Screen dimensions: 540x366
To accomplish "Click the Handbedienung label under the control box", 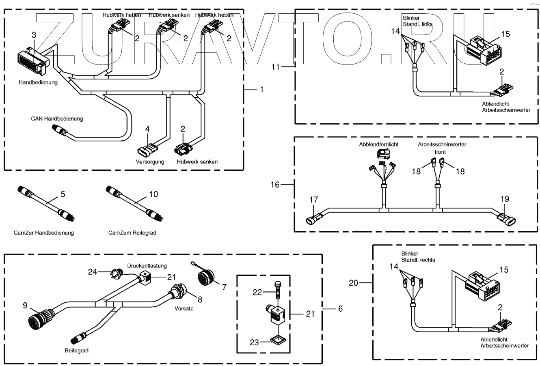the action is (x=38, y=82).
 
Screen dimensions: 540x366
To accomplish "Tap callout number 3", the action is (x=34, y=35).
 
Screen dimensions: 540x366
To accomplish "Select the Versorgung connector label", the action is (x=150, y=161).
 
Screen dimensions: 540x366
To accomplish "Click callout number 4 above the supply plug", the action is (x=147, y=129).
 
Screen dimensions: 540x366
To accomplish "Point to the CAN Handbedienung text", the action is (x=57, y=118).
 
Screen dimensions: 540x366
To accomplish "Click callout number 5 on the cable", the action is (x=63, y=194).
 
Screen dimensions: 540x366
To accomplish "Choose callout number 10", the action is (x=153, y=194).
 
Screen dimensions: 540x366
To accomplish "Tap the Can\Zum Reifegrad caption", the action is (x=132, y=233).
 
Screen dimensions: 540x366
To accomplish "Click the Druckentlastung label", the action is (x=147, y=266).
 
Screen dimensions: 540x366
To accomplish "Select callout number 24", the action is (x=93, y=272).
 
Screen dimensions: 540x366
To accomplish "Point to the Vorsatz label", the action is (x=184, y=308).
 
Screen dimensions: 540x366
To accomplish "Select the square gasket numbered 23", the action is (x=279, y=340).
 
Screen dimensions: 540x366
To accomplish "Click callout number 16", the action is (x=275, y=185).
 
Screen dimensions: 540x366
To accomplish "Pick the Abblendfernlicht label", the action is (x=379, y=144).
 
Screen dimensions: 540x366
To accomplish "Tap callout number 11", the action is (x=276, y=67).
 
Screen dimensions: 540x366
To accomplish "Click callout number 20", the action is (x=353, y=283).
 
